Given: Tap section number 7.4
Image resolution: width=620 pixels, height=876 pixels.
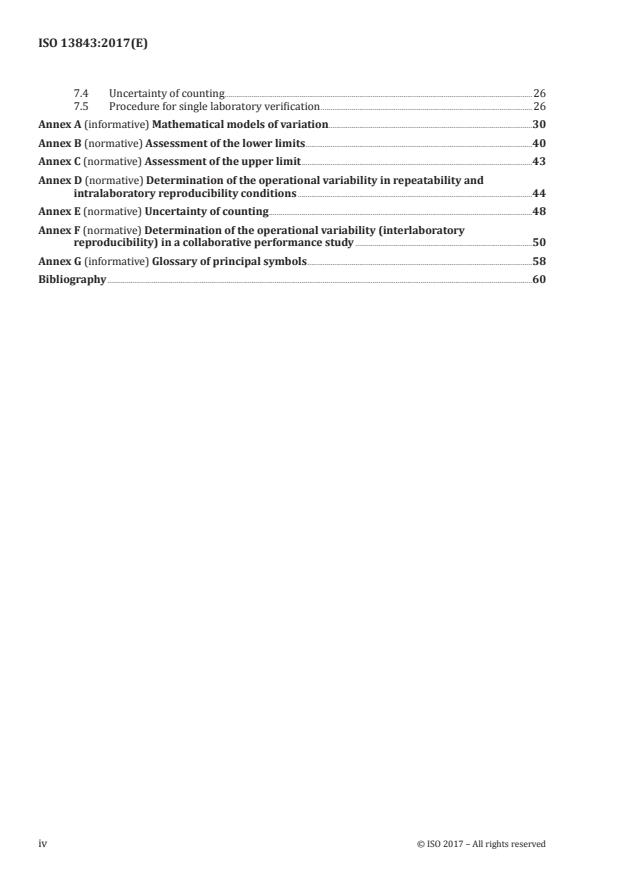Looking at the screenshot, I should click(81, 93).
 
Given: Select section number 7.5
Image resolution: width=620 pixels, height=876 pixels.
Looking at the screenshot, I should click(81, 105).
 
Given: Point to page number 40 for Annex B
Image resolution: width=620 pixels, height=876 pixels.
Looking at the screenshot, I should click(539, 143).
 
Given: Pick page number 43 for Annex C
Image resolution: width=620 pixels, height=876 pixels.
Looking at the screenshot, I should click(539, 160).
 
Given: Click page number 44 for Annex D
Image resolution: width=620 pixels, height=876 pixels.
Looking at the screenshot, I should click(539, 193).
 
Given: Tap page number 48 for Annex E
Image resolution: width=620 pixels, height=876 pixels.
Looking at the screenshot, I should click(539, 211).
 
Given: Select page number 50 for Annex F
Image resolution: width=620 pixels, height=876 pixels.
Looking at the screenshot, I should click(539, 243).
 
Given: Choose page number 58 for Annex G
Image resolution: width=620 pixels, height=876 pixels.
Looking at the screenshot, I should click(539, 261).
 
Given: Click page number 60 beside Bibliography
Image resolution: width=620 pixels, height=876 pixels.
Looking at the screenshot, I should click(539, 279).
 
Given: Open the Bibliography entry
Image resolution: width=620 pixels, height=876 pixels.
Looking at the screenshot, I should click(72, 279).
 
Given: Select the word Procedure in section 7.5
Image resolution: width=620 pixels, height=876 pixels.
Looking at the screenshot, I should click(131, 105).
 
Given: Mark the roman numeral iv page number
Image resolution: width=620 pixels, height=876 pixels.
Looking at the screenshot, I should click(43, 844).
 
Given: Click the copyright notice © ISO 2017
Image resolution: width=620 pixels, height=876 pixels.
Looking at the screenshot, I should click(481, 844).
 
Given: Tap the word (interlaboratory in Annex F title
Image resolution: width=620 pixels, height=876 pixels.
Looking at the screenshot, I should click(412, 229).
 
